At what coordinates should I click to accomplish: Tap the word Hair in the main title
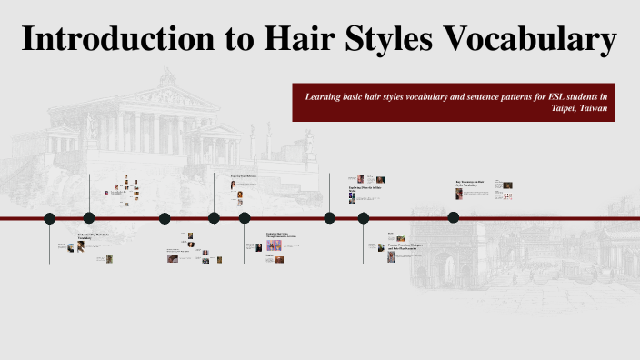(x=276, y=41)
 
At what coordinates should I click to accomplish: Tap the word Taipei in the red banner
(x=567, y=107)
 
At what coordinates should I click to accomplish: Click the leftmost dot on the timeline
(x=50, y=217)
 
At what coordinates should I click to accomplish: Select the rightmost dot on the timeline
(x=454, y=217)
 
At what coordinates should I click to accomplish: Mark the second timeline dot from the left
(x=89, y=217)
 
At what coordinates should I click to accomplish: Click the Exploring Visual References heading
(x=245, y=176)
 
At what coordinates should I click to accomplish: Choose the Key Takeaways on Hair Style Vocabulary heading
(x=472, y=184)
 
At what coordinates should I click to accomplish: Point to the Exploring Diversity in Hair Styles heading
(x=362, y=188)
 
